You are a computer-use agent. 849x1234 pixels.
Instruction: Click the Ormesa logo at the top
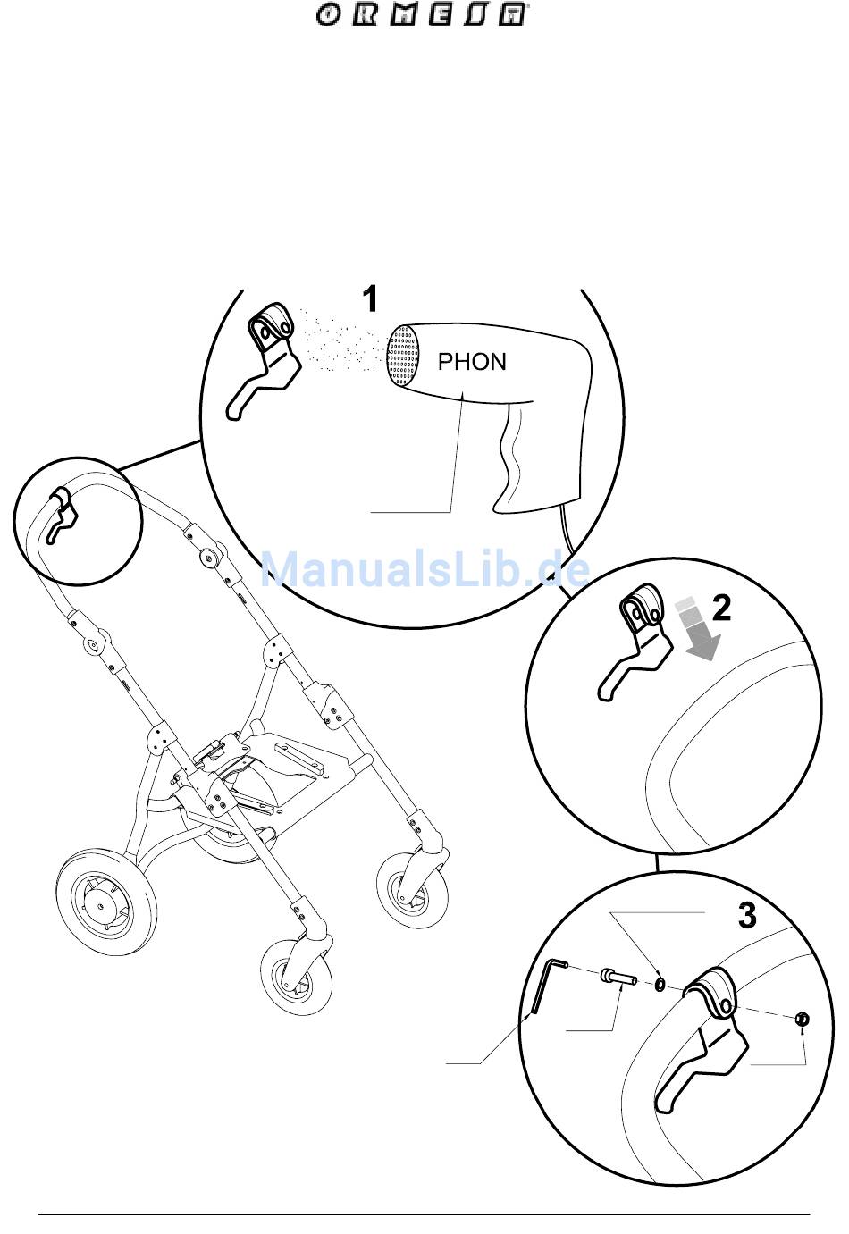click(x=419, y=15)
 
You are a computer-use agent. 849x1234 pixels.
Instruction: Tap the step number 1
click(x=370, y=298)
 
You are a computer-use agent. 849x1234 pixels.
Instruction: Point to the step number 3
click(x=746, y=915)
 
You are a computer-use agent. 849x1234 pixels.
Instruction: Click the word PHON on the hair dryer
click(x=472, y=362)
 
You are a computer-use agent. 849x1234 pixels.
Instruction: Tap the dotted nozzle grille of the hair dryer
click(x=403, y=356)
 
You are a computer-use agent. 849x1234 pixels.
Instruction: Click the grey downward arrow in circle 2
click(x=697, y=630)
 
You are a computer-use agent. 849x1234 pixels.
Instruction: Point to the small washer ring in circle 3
click(x=660, y=983)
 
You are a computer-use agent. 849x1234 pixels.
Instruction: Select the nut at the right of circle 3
click(x=802, y=1020)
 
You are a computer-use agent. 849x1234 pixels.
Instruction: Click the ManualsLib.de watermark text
click(x=424, y=570)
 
